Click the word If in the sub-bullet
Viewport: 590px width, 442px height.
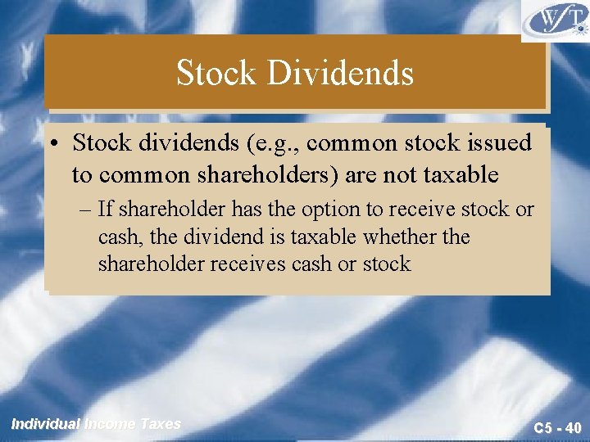click(104, 210)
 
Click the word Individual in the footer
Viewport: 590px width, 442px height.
click(46, 424)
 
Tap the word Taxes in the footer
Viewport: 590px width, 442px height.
click(161, 424)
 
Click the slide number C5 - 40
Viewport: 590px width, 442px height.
click(556, 426)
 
